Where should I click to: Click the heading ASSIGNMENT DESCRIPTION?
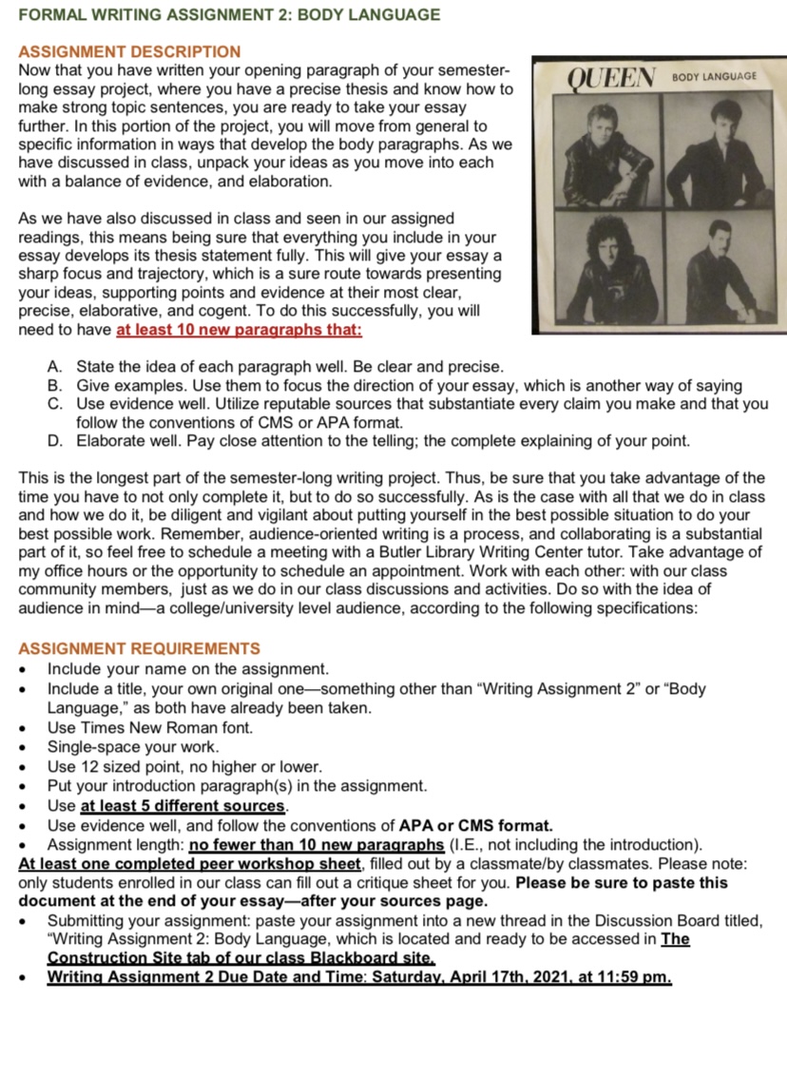(x=129, y=51)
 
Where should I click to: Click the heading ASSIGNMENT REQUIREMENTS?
(x=139, y=648)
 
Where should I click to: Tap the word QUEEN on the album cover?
(x=615, y=76)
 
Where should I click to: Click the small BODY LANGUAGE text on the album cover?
(x=714, y=75)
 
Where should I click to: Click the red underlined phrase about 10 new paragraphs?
(x=239, y=330)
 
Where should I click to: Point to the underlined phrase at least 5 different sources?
(x=183, y=805)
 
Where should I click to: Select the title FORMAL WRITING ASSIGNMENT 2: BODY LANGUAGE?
(x=229, y=15)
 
